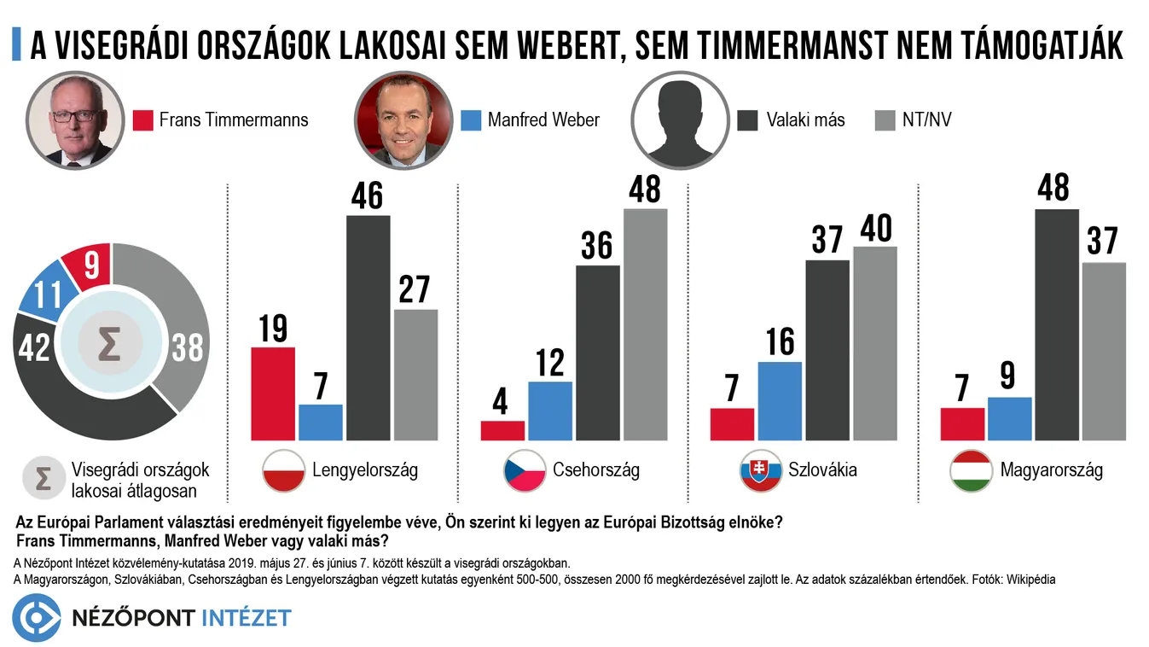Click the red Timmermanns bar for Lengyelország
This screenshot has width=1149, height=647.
tap(272, 393)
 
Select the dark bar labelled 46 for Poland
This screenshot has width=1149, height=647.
tap(368, 328)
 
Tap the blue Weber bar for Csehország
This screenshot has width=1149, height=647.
tap(550, 411)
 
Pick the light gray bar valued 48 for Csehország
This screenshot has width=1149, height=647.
tap(645, 324)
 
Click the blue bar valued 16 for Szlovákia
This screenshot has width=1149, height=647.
tap(780, 401)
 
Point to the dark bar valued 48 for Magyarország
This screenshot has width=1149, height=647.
tap(1056, 324)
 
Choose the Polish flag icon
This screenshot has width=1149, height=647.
tap(283, 470)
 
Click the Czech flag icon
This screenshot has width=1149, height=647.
tap(525, 470)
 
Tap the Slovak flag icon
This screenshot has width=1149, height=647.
tap(762, 470)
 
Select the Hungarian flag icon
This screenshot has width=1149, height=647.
tap(971, 470)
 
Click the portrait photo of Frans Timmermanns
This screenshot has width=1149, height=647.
tap(74, 119)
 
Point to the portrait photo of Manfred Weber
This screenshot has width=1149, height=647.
tap(402, 119)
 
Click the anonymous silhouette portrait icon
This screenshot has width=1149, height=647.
tap(679, 119)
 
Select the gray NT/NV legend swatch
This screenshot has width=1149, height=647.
tap(885, 119)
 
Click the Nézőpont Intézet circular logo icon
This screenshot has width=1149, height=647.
tap(36, 617)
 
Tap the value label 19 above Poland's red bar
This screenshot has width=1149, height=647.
tap(273, 329)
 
